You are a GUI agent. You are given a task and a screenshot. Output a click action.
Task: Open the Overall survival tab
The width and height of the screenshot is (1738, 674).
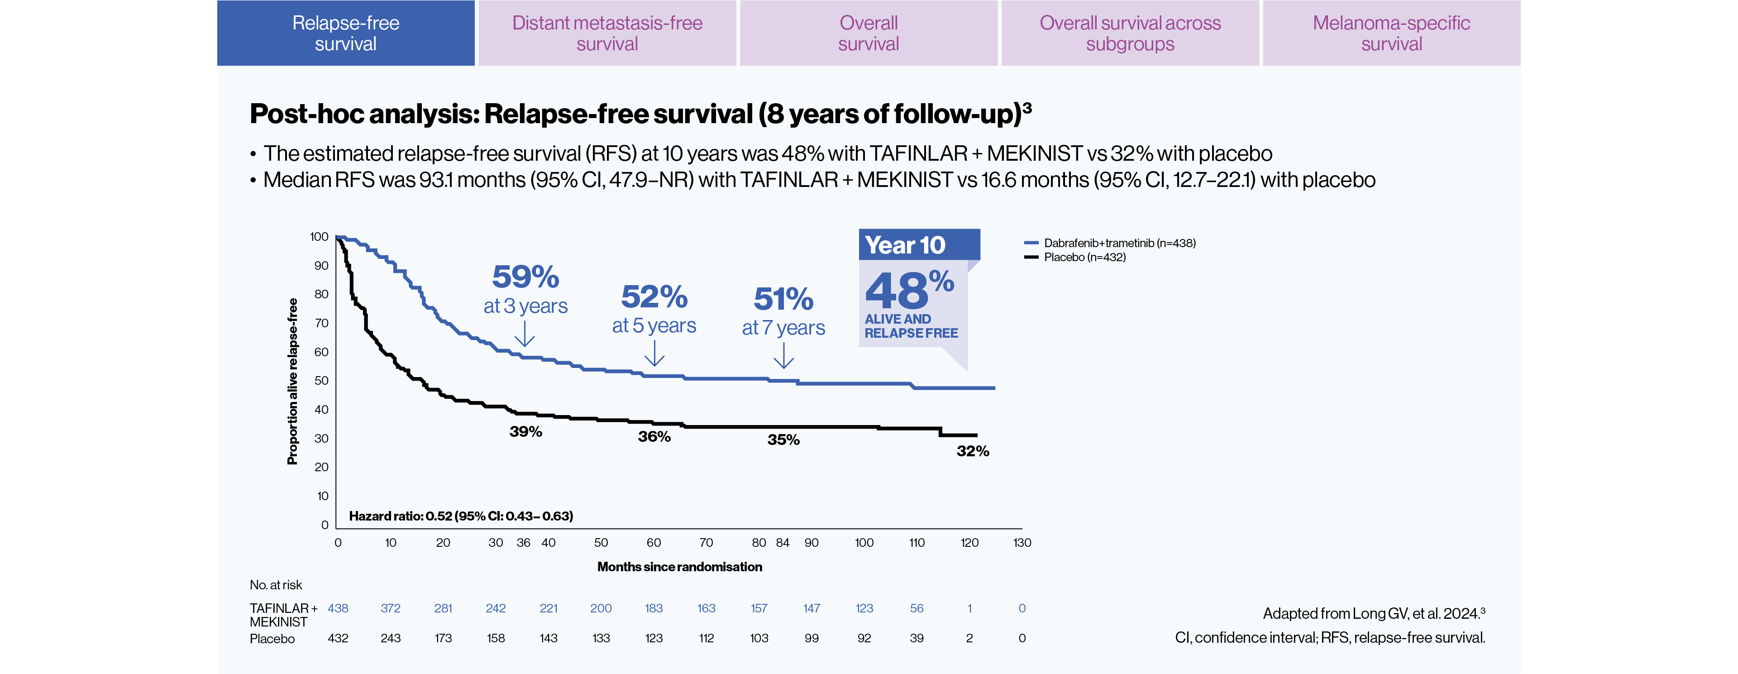point(869,33)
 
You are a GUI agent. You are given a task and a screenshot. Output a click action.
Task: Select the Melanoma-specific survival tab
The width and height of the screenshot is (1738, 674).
point(1391,33)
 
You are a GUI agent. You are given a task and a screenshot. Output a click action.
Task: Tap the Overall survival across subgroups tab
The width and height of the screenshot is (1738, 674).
point(1130,33)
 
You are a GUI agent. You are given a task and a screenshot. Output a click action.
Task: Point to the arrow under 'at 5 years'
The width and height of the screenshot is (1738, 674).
point(654,354)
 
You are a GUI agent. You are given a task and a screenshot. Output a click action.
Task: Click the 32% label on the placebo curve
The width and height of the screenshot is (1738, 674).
point(972,451)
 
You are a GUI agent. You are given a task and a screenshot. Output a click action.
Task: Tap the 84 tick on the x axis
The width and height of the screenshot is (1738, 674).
point(783,542)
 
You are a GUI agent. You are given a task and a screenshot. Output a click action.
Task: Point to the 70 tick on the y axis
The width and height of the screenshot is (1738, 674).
point(322,323)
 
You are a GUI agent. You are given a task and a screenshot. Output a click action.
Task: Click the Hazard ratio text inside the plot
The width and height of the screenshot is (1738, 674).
point(461,516)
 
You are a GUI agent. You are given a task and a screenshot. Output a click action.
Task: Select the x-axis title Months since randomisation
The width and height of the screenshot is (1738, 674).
point(679,567)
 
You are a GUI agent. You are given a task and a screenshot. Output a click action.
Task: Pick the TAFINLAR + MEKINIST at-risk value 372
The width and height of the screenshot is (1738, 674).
point(390,608)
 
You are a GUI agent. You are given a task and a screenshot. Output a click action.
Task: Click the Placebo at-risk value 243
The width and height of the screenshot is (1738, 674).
point(390,638)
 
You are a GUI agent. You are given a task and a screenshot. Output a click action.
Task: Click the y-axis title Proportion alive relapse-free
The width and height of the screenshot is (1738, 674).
point(292,381)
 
